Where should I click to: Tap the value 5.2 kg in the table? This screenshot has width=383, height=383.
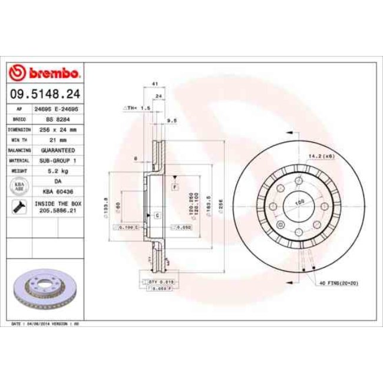click(57, 170)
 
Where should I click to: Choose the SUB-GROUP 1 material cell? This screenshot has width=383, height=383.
click(57, 160)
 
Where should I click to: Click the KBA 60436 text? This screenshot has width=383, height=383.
click(57, 191)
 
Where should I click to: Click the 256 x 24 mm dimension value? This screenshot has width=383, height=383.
click(57, 129)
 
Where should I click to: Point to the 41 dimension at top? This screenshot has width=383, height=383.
click(154, 84)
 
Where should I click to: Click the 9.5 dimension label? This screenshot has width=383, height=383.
click(173, 120)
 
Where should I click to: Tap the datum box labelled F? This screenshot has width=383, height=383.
click(174, 186)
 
